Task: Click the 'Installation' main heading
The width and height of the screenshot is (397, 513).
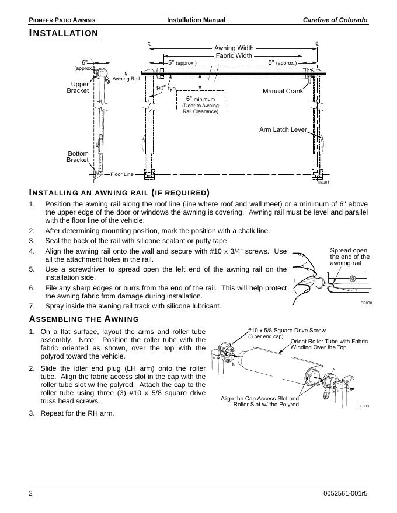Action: pyautogui.click(x=64, y=33)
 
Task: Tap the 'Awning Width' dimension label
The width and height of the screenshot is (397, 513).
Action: pyautogui.click(x=234, y=48)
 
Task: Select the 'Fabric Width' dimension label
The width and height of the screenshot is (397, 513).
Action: pyautogui.click(x=234, y=56)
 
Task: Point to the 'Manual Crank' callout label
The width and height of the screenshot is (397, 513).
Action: pyautogui.click(x=283, y=92)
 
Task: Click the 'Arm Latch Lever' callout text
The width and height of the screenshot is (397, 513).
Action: pyautogui.click(x=283, y=129)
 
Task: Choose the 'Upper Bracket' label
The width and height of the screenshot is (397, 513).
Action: pyautogui.click(x=78, y=87)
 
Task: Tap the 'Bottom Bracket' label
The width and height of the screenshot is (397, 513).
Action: pyautogui.click(x=78, y=157)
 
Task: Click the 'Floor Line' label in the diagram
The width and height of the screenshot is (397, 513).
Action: pyautogui.click(x=122, y=174)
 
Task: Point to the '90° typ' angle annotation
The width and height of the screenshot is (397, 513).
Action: pyautogui.click(x=166, y=89)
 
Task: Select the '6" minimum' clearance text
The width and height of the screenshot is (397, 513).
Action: pyautogui.click(x=200, y=99)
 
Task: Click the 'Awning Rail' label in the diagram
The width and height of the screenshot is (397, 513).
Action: pyautogui.click(x=126, y=78)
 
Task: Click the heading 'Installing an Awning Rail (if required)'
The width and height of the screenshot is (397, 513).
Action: pyautogui.click(x=119, y=192)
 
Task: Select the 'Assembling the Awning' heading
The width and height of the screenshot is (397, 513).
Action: pyautogui.click(x=84, y=319)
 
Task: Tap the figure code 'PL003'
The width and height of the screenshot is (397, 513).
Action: pyautogui.click(x=363, y=406)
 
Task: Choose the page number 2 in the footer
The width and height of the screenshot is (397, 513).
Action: pyautogui.click(x=31, y=494)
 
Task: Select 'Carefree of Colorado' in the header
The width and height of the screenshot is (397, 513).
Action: pyautogui.click(x=335, y=20)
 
